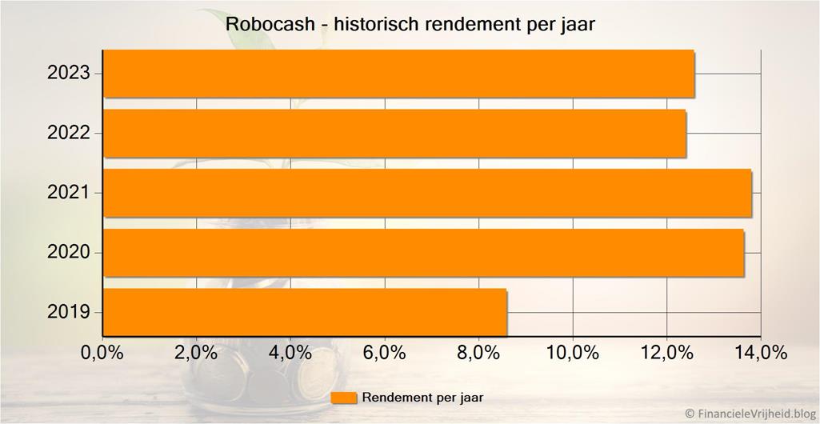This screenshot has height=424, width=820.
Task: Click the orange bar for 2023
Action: pyautogui.click(x=398, y=74)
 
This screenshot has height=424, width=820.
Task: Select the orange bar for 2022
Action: pyautogui.click(x=394, y=133)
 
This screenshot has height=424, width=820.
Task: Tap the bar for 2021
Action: pyautogui.click(x=427, y=193)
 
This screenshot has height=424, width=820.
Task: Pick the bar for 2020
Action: pyautogui.click(x=423, y=253)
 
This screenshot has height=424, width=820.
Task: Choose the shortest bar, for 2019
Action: pyautogui.click(x=305, y=312)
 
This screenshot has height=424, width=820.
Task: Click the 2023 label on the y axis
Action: pyautogui.click(x=69, y=74)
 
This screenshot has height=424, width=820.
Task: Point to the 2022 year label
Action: pyautogui.click(x=69, y=133)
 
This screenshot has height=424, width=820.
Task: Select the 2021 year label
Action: pyautogui.click(x=69, y=193)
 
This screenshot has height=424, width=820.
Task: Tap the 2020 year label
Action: pyautogui.click(x=69, y=253)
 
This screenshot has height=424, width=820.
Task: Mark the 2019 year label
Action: pyautogui.click(x=69, y=312)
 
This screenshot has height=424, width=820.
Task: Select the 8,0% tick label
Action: pyautogui.click(x=478, y=352)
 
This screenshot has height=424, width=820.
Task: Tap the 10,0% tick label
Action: pyautogui.click(x=572, y=352)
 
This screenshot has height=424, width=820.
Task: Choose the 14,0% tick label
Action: pyautogui.click(x=760, y=352)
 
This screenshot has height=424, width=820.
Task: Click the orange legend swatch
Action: pyautogui.click(x=344, y=398)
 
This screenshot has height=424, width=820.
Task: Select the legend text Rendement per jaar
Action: pyautogui.click(x=422, y=397)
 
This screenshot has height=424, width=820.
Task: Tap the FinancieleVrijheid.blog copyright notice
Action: pyautogui.click(x=751, y=414)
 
